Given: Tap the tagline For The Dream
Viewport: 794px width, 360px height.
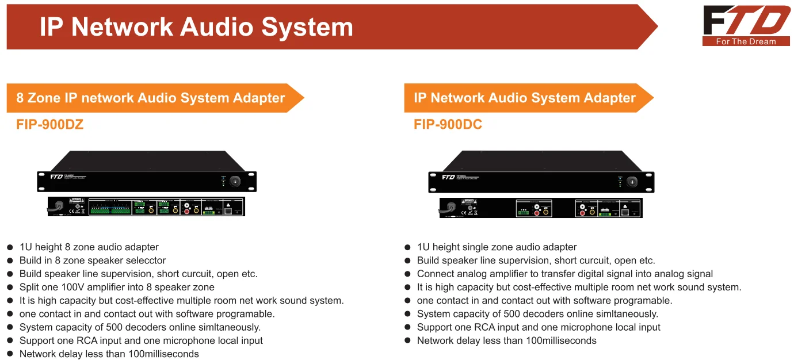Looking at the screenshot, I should [x=746, y=41].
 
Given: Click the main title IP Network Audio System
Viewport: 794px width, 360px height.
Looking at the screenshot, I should [x=196, y=26].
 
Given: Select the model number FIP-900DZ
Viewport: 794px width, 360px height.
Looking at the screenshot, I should [x=50, y=124].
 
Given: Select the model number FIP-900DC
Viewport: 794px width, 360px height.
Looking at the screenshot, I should [x=448, y=124].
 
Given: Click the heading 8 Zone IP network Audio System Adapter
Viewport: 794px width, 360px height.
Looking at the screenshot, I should [x=151, y=98].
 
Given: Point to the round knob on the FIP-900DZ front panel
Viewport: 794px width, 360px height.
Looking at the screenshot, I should [x=234, y=181].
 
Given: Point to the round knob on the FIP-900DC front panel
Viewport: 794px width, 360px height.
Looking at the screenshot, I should [x=632, y=182].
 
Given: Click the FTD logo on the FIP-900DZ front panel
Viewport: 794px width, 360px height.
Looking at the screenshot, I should [x=56, y=177].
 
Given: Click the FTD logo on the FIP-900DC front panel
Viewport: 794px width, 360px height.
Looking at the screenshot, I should [x=448, y=177].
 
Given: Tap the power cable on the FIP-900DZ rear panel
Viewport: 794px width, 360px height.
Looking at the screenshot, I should [x=56, y=206].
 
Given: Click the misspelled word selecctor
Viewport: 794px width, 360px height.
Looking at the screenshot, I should [x=144, y=261].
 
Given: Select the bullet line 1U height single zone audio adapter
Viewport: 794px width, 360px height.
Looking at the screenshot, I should [x=497, y=247].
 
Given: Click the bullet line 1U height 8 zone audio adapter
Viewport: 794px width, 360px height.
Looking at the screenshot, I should [x=89, y=247].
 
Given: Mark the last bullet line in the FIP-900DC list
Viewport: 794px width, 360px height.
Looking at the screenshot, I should [x=506, y=340].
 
